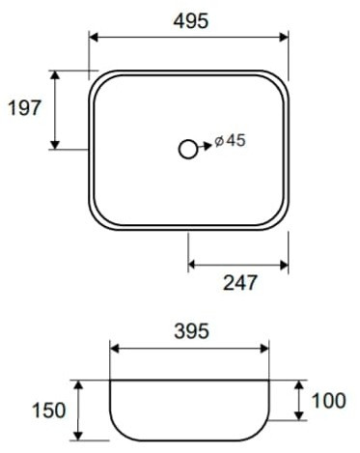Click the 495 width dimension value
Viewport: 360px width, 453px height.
tap(191, 21)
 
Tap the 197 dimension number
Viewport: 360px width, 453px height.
tap(25, 108)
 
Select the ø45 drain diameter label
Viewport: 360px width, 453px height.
tap(230, 140)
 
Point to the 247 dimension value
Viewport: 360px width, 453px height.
tap(240, 282)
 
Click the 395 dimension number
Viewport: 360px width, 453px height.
tap(191, 331)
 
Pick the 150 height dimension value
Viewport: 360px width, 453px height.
tap(49, 411)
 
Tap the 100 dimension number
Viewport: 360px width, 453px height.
tap(329, 401)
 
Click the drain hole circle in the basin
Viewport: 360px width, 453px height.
tap(187, 150)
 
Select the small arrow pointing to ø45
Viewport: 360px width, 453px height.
tap(205, 147)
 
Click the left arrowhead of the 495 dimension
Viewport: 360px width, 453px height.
tap(94, 37)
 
